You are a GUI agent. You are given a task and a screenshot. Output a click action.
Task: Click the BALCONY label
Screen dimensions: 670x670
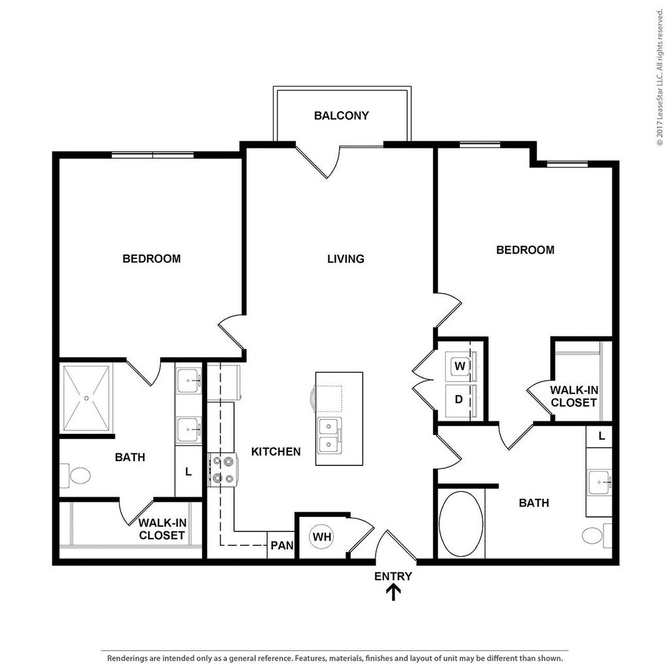pos(341,116)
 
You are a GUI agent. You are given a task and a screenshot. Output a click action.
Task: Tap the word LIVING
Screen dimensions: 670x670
pos(345,259)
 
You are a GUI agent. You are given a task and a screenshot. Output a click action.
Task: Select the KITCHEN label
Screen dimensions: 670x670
pos(275,451)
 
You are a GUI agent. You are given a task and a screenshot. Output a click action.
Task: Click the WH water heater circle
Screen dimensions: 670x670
pos(321,537)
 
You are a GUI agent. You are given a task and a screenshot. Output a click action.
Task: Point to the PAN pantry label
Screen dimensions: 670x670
pos(282,546)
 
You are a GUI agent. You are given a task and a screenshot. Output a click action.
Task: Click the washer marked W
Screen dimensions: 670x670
pos(460,366)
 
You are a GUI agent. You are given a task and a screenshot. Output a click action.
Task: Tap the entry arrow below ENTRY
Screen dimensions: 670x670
pos(393,592)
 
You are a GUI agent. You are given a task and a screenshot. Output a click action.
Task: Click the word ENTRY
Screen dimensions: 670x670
pos(393,576)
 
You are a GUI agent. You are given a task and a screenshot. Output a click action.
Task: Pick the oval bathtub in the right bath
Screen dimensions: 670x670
pos(461,524)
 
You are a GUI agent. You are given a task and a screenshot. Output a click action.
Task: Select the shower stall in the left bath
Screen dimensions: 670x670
pos(86,398)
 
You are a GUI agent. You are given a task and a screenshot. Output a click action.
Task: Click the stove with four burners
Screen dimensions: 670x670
pos(222,470)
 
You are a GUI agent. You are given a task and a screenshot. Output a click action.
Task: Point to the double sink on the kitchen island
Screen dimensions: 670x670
pos(329,436)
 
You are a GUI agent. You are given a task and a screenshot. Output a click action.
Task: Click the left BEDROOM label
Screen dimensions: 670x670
pos(152,259)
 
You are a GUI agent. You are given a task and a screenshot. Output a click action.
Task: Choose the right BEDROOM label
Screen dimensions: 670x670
pos(525,250)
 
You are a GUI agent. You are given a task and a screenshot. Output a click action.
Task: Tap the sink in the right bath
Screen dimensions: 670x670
pos(599,482)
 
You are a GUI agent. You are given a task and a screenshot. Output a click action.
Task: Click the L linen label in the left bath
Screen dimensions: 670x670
pos(188,472)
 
